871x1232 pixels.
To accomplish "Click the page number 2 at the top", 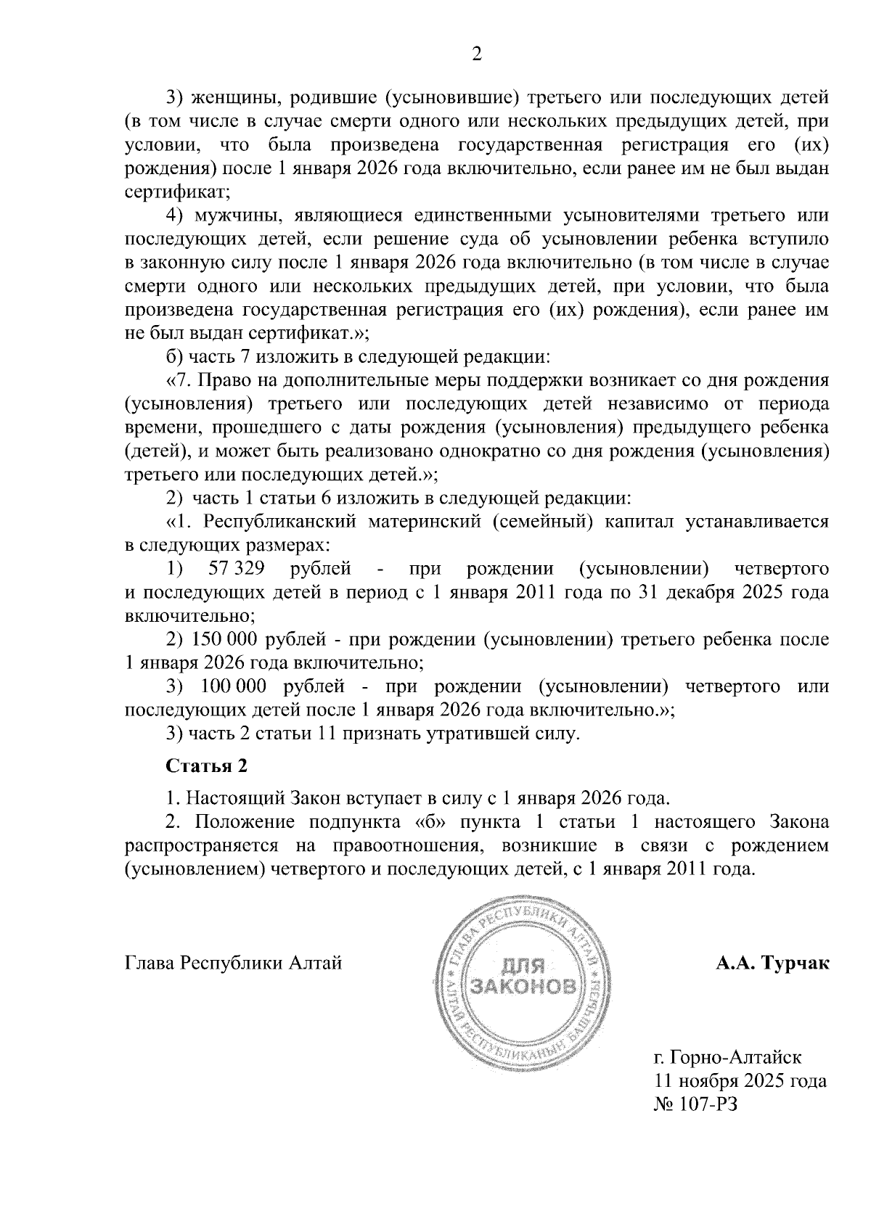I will coord(477,54).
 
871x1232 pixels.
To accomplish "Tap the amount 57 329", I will coord(235,568).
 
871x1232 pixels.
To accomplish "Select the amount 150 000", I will coord(226,639).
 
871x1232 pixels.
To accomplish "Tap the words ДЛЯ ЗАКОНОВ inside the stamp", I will coord(523,976).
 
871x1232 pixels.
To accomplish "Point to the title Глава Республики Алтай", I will coord(234,964).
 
